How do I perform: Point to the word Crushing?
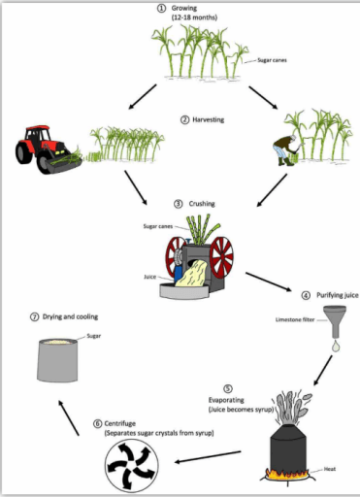(x=197, y=205)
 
